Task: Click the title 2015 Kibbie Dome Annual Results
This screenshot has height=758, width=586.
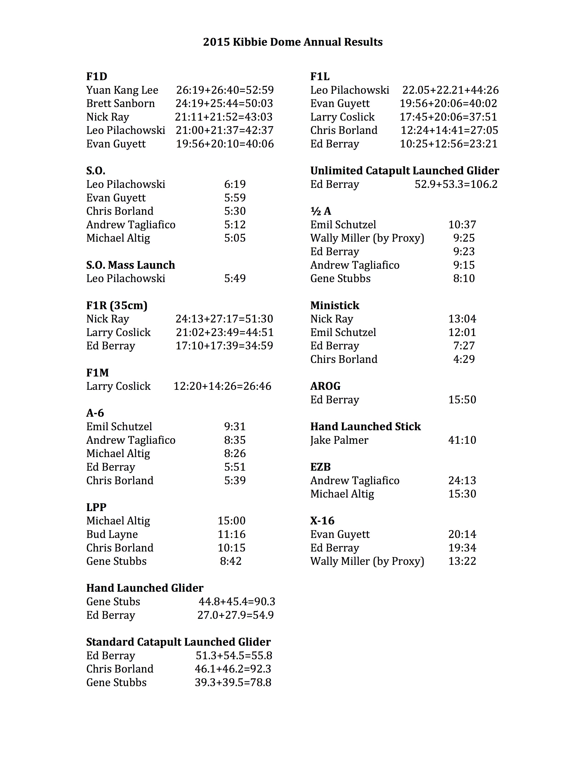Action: pos(293,42)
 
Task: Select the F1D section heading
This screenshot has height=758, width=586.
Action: pos(97,76)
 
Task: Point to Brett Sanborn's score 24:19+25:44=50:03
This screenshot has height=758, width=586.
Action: pos(224,103)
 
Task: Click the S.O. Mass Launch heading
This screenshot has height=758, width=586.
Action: pos(131,265)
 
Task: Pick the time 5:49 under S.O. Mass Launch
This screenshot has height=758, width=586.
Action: pos(235,278)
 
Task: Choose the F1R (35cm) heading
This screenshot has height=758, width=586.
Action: pos(117,305)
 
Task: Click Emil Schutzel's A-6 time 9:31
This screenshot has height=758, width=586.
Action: pos(235,427)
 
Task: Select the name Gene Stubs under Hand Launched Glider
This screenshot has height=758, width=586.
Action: pos(113,602)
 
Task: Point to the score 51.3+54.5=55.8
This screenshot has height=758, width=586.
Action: pos(234,655)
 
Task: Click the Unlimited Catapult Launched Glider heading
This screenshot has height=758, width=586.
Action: pos(404,171)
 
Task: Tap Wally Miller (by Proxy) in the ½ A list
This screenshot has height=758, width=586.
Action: pos(367,238)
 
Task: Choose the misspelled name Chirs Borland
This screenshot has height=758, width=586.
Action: pos(344,359)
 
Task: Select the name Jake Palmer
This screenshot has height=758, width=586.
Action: pos(339,440)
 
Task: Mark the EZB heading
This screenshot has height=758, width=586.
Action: pos(320,467)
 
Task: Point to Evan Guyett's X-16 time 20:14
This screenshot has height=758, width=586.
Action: pos(462,534)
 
